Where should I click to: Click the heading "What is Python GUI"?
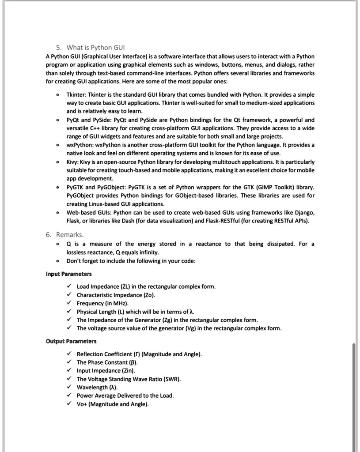[96, 48]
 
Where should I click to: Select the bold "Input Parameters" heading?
[68, 274]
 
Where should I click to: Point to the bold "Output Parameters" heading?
[71, 341]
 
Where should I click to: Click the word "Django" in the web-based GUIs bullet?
[304, 213]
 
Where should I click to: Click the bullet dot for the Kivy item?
[57, 162]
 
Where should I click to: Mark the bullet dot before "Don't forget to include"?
[57, 261]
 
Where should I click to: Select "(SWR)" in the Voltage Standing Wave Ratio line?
[172, 379]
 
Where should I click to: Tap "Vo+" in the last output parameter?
[82, 404]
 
